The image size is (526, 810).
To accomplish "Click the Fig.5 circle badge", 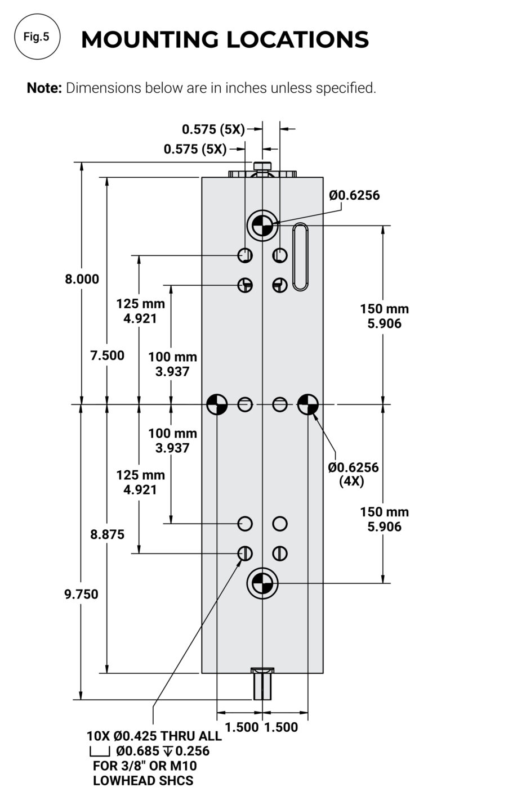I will click(37, 37).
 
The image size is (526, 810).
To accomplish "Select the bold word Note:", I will click(44, 88).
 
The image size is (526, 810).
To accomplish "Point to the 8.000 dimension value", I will click(82, 279).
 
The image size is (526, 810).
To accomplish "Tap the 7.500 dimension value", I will click(107, 355).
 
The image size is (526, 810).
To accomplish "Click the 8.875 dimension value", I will click(107, 534).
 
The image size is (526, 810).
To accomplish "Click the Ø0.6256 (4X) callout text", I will click(353, 474).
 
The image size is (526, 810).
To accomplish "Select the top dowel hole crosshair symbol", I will click(262, 226).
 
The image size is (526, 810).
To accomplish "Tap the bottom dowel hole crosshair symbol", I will click(262, 583).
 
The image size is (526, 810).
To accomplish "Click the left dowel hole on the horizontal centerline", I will click(217, 404).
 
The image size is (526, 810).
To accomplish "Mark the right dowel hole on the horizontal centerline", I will click(308, 404).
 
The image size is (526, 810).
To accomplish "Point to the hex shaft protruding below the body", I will click(262, 686).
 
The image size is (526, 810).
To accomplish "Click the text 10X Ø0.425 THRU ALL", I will click(154, 736).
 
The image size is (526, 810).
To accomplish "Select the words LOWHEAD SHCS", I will click(143, 781).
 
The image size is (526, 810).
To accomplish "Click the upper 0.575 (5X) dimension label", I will click(213, 129).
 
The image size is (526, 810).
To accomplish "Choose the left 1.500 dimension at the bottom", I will click(242, 727).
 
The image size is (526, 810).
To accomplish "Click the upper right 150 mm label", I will click(384, 309).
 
